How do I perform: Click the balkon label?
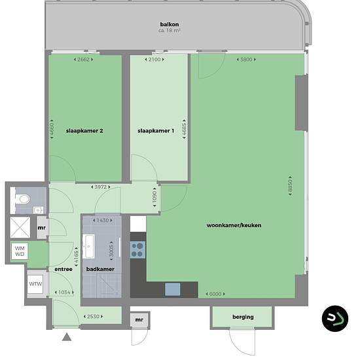170,24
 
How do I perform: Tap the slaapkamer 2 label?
84,131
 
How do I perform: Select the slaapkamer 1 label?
156,131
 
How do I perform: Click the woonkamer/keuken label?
234,225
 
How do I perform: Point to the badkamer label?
100,269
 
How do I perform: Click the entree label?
63,269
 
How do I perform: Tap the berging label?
243,317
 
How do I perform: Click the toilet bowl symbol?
22,199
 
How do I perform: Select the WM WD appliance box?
20,251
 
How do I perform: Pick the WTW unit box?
35,284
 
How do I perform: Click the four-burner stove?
137,250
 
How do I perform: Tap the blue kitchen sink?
173,289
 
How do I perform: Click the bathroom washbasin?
88,246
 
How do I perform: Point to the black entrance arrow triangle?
67,337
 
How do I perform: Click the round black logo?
335,319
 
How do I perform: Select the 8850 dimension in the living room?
290,186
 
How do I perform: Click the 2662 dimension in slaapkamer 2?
83,60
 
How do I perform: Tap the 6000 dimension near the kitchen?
215,294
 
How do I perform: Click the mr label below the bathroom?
139,319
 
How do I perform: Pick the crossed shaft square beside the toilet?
20,227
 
